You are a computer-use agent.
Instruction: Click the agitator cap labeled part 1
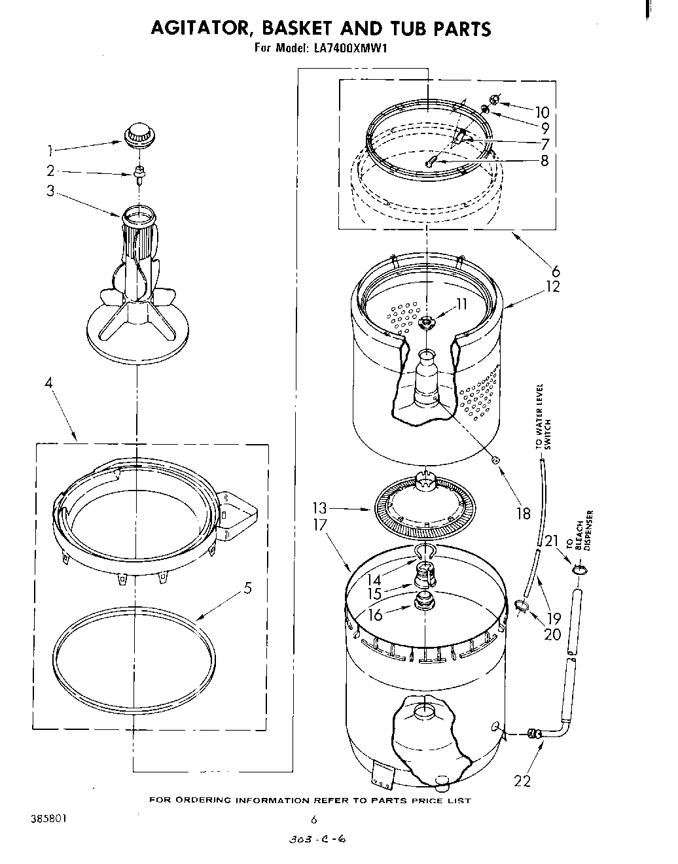click(x=138, y=134)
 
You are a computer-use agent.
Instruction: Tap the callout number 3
click(x=50, y=192)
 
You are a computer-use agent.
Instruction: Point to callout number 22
click(x=522, y=780)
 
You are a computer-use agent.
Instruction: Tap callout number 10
click(x=542, y=112)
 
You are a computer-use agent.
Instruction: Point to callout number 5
click(x=247, y=587)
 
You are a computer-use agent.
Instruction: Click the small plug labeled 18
click(x=495, y=460)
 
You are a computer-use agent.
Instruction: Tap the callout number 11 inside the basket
click(x=461, y=303)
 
